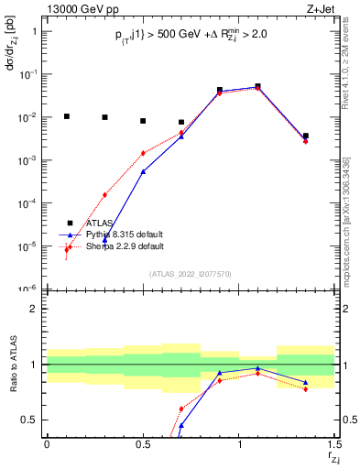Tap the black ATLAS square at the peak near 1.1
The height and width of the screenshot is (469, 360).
click(x=257, y=86)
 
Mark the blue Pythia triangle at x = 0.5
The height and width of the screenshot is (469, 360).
click(x=143, y=171)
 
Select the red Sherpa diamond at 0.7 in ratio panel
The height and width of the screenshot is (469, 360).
click(x=181, y=409)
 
